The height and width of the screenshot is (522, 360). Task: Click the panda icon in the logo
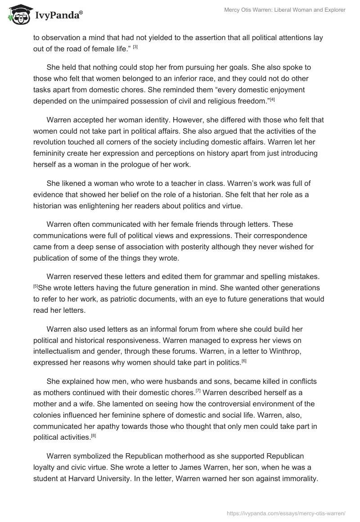pos(16,15)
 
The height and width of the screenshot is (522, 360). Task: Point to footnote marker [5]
pos(36,286)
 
